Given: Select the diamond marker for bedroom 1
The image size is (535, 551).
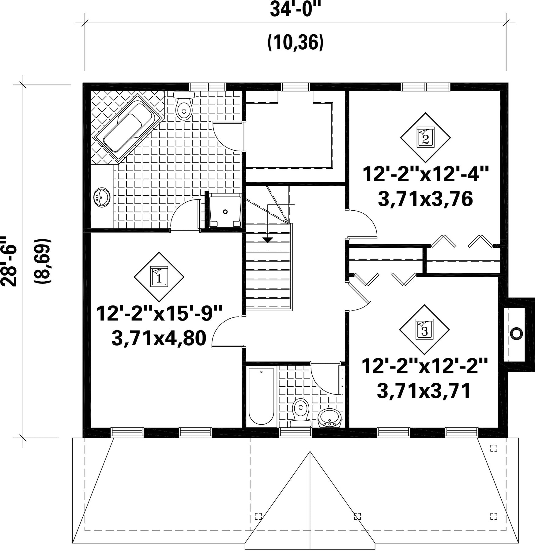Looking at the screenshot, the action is (x=159, y=276).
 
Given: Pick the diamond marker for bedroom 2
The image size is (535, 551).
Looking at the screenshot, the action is (x=425, y=137).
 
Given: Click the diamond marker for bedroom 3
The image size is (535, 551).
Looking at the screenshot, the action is (x=424, y=329).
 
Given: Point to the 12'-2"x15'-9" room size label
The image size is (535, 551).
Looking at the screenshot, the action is (x=159, y=313).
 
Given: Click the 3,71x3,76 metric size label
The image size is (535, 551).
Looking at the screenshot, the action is (x=425, y=199).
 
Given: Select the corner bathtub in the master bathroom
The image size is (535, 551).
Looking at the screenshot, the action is (x=127, y=129).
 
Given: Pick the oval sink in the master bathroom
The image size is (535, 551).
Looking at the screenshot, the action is (x=102, y=197).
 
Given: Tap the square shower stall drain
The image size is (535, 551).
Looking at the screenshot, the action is (x=225, y=212).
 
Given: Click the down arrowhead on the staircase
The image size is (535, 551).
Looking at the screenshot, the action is (x=268, y=240).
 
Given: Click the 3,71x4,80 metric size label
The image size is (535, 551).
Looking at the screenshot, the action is (x=159, y=339).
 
